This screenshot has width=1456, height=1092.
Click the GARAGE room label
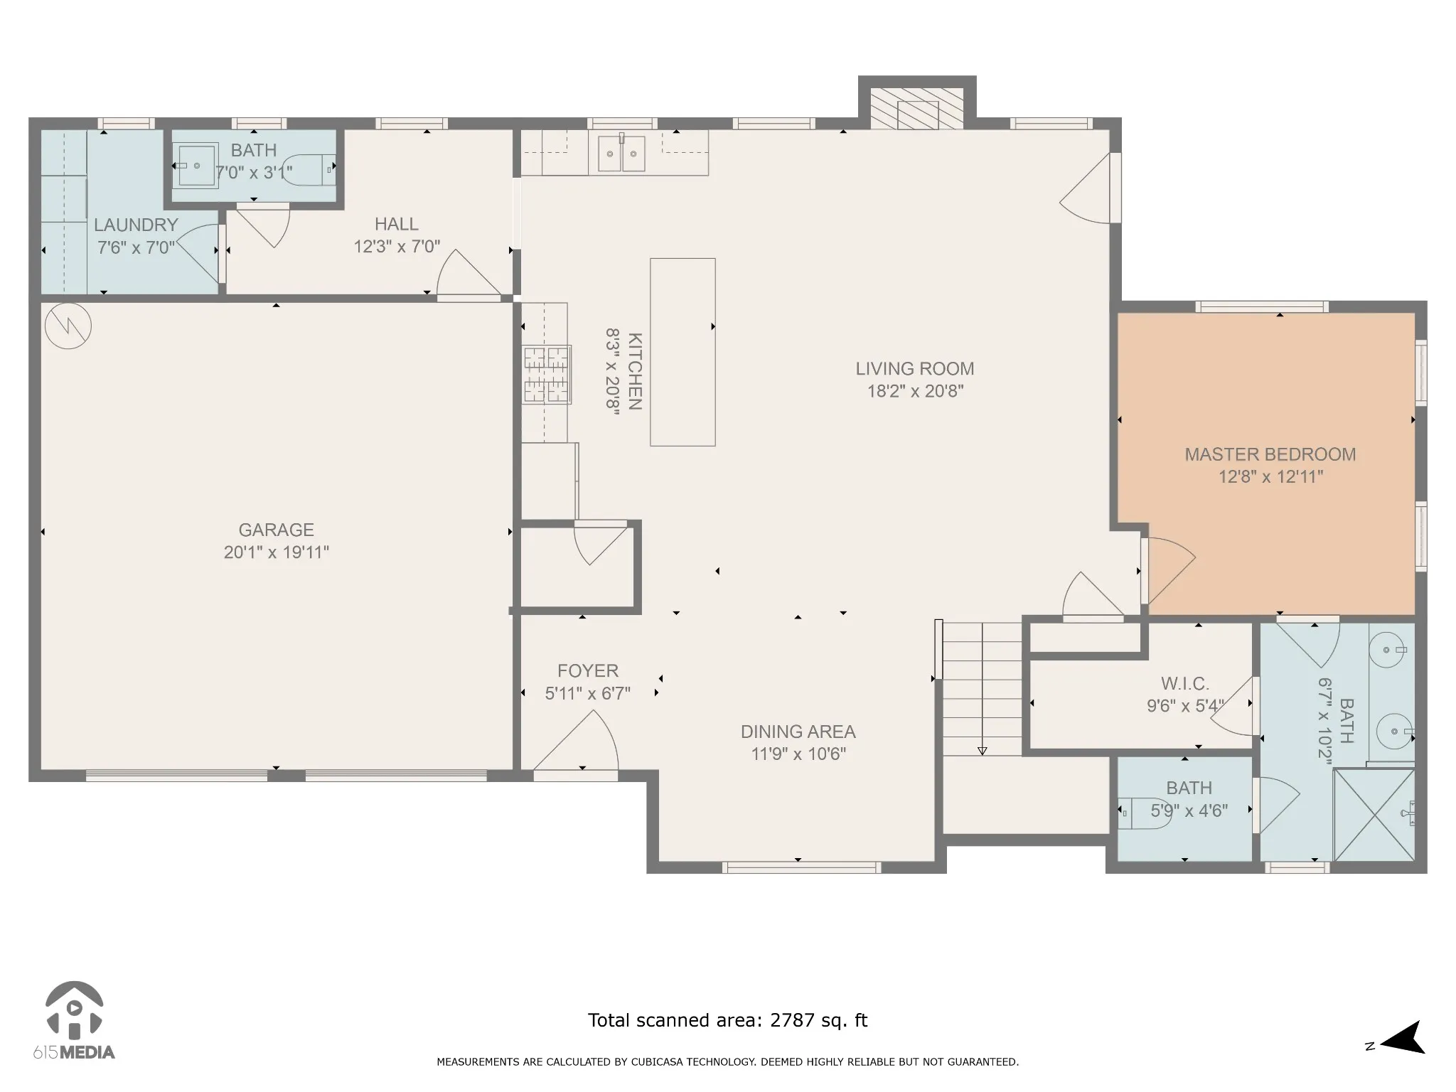click(276, 530)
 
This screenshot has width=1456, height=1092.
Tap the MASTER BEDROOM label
click(1270, 454)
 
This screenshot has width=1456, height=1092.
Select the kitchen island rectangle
click(682, 352)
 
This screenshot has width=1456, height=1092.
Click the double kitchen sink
click(621, 154)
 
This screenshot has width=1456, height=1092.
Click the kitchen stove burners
click(547, 375)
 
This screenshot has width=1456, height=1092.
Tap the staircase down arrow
click(983, 751)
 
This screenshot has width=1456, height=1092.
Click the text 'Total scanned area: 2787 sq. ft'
click(727, 1021)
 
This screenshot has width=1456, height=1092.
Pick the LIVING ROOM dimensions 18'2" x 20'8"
click(915, 391)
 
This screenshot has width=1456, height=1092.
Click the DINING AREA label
click(798, 732)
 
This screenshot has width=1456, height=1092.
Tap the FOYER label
click(588, 670)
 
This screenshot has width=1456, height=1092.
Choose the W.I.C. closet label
click(1185, 684)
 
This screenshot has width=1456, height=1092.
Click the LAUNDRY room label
click(136, 225)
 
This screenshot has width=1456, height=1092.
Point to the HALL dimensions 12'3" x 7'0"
click(397, 247)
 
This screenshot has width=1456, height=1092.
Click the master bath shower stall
click(1374, 815)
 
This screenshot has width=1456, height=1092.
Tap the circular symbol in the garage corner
click(68, 326)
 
